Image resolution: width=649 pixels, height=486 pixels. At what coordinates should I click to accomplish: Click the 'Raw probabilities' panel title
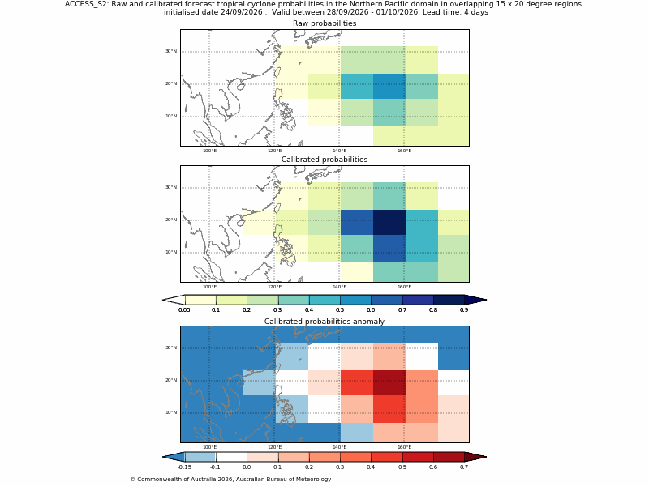[324, 23]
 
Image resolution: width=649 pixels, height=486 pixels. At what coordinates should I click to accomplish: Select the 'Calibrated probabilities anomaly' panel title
[324, 322]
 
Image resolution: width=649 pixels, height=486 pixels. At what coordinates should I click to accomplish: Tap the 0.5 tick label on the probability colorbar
[340, 310]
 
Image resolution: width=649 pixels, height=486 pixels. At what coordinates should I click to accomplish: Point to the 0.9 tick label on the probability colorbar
[464, 310]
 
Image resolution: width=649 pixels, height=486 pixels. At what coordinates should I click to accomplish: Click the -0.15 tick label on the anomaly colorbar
[185, 467]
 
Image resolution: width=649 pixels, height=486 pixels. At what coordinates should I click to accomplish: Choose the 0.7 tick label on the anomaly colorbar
[464, 467]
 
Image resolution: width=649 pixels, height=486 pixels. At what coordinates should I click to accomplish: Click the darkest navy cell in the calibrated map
[389, 222]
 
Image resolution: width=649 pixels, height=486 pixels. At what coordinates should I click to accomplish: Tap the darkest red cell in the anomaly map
[389, 382]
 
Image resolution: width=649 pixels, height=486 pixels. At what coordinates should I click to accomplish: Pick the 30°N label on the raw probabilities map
[171, 51]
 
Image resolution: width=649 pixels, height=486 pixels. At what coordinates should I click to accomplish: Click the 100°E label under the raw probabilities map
[209, 151]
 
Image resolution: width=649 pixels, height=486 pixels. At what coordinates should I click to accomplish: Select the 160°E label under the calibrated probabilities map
[404, 287]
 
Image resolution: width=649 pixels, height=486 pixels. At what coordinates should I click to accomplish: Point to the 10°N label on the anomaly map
[171, 412]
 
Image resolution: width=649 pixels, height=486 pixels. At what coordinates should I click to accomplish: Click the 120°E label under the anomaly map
[274, 447]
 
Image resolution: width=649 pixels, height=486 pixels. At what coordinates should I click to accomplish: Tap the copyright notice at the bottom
[230, 480]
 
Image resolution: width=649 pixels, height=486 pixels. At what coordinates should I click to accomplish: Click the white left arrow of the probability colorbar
[174, 300]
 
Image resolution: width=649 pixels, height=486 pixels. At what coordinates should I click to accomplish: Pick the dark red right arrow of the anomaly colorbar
[475, 457]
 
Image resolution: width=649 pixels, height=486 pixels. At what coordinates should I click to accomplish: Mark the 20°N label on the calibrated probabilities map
[171, 220]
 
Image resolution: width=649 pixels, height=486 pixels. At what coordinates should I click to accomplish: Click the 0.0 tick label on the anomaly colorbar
[247, 467]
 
